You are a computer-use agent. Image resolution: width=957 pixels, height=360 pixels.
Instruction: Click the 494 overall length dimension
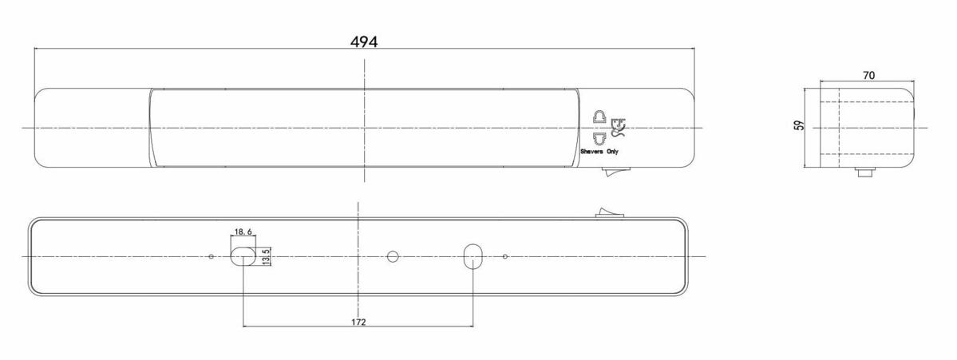(364, 42)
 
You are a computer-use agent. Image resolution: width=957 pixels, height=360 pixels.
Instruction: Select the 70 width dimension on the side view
(869, 75)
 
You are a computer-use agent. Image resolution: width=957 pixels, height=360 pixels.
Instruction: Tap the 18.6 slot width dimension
(243, 231)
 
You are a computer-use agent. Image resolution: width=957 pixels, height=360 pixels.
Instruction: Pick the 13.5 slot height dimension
(266, 257)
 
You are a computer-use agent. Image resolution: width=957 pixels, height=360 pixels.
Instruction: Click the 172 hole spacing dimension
(358, 322)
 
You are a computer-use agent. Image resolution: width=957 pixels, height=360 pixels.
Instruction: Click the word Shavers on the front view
(591, 151)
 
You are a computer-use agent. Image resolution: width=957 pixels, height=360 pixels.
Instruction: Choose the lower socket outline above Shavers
(599, 136)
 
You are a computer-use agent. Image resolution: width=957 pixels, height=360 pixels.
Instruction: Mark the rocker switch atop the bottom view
(608, 212)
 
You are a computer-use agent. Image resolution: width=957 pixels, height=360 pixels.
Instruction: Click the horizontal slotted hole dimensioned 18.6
(242, 256)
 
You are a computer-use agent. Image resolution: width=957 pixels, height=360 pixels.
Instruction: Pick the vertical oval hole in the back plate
(473, 256)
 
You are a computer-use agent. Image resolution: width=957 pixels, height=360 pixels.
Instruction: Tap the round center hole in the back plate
(392, 256)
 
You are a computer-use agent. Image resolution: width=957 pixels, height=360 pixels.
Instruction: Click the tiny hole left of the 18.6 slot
(210, 256)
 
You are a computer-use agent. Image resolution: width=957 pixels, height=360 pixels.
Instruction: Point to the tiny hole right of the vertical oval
(506, 256)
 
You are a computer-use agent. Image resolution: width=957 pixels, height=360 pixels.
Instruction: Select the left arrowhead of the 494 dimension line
(37, 49)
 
